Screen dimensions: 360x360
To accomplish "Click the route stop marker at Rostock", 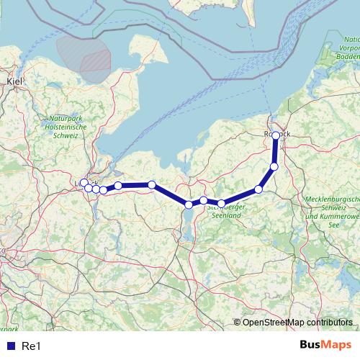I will [x=276, y=135].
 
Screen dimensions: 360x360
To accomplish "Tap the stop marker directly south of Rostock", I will [x=274, y=167].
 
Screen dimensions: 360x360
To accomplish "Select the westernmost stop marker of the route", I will [x=84, y=183].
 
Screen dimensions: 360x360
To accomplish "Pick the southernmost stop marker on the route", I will [x=189, y=204].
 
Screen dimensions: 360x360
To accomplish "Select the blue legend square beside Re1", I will [x=9, y=346].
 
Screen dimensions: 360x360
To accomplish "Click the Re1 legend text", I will [x=30, y=346].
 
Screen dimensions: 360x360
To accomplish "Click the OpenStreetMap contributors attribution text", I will [x=297, y=322].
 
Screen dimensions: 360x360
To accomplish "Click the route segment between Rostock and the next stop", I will [x=275, y=151].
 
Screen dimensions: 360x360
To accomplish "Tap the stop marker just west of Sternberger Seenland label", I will [x=204, y=200].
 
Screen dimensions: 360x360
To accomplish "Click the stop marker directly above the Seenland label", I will [x=222, y=203].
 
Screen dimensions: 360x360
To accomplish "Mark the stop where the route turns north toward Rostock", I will [x=258, y=189].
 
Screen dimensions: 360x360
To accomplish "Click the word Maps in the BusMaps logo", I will [x=338, y=346].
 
